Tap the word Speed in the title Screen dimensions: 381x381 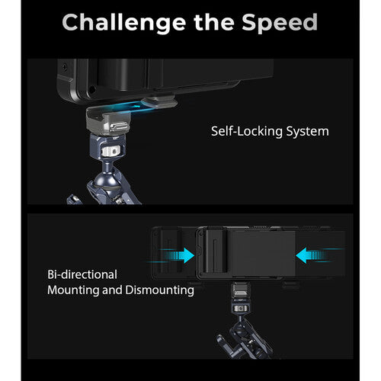pyautogui.click(x=280, y=22)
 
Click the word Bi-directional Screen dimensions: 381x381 pyautogui.click(x=82, y=274)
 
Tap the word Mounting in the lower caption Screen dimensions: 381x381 pyautogui.click(x=75, y=290)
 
